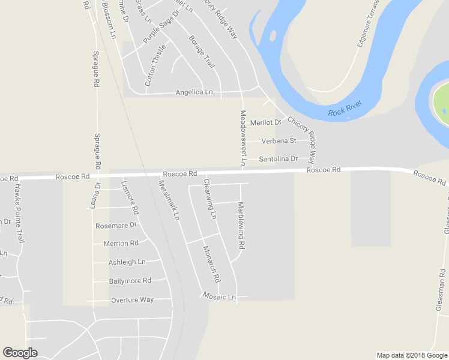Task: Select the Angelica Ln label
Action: point(194,92)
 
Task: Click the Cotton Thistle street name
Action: point(155,65)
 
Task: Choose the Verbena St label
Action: point(279,141)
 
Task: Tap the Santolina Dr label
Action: point(278,159)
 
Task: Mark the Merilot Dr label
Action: point(265,122)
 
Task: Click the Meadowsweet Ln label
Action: point(243,137)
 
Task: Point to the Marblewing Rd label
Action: point(241,226)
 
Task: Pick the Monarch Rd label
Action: point(211,264)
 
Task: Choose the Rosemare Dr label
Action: point(116,226)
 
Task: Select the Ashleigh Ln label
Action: point(127,262)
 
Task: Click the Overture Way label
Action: point(132,300)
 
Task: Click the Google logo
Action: point(20,353)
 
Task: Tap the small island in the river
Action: point(273,36)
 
